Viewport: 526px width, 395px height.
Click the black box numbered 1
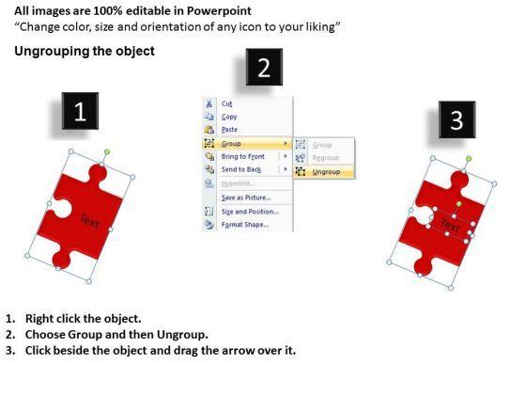[x=80, y=111]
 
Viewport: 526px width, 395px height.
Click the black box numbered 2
[x=264, y=67]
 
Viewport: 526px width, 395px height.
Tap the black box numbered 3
[x=456, y=119]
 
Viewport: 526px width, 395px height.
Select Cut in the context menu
[x=226, y=103]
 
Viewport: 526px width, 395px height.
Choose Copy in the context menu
[x=229, y=117]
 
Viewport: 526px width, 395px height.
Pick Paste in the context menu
[x=229, y=130]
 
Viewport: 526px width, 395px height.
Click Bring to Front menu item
[x=243, y=156]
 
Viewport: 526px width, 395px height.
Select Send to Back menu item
[x=241, y=169]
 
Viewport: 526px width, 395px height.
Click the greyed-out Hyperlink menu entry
[x=239, y=183]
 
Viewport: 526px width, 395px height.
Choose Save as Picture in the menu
[x=246, y=197]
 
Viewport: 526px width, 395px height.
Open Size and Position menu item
[x=250, y=212]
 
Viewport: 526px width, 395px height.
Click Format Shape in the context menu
[x=245, y=225]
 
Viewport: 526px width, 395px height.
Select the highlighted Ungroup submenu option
[x=326, y=172]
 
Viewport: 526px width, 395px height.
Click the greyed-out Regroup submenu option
[x=326, y=158]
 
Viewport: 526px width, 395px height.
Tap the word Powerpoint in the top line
[x=219, y=11]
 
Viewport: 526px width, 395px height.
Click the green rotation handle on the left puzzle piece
[x=107, y=152]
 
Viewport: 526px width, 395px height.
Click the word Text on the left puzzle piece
[x=90, y=221]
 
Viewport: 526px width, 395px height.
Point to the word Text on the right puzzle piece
[x=450, y=226]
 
